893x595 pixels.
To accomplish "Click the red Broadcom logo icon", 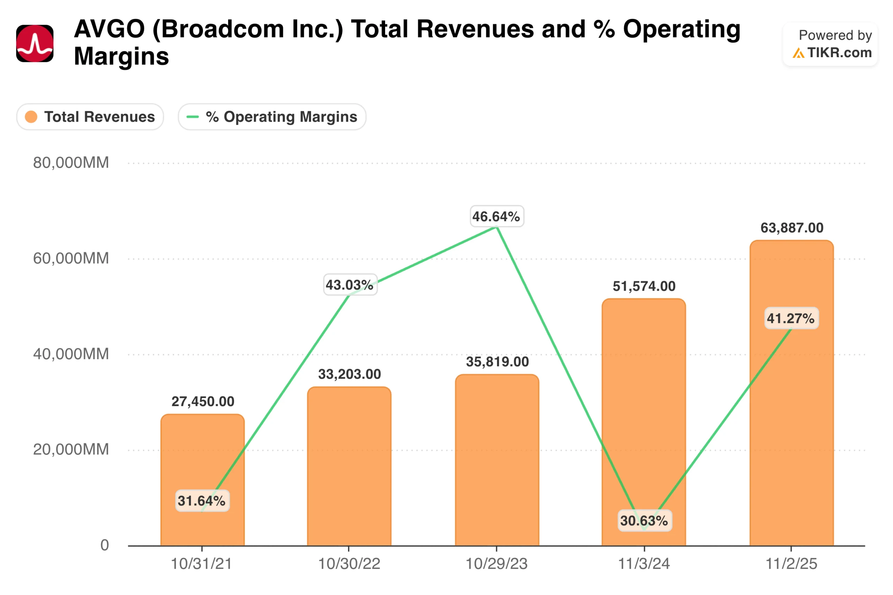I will pyautogui.click(x=35, y=43).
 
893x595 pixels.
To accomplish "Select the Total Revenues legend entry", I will pyautogui.click(x=90, y=116).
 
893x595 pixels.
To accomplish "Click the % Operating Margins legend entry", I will pyautogui.click(x=272, y=116).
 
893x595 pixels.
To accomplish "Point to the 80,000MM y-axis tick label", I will pyautogui.click(x=70, y=163).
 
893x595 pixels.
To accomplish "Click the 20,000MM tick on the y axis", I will pyautogui.click(x=70, y=449).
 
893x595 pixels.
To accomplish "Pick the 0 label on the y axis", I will pyautogui.click(x=104, y=545).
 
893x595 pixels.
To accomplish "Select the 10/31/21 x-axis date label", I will pyautogui.click(x=201, y=564).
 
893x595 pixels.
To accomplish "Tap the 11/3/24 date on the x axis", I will pyautogui.click(x=644, y=564).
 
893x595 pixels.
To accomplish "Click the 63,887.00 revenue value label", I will pyautogui.click(x=792, y=228).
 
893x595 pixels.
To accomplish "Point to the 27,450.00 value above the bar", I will pyautogui.click(x=203, y=401).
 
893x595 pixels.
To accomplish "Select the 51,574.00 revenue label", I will pyautogui.click(x=644, y=286).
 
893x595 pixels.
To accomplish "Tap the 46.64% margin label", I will pyautogui.click(x=496, y=216).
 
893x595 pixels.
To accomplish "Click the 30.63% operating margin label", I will pyautogui.click(x=644, y=521).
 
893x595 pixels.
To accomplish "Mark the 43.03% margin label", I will pyautogui.click(x=350, y=285).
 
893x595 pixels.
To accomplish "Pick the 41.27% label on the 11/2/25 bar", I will pyautogui.click(x=791, y=318).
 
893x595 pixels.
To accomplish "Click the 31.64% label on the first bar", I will pyautogui.click(x=202, y=501).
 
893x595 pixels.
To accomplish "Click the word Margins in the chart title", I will pyautogui.click(x=121, y=56).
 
